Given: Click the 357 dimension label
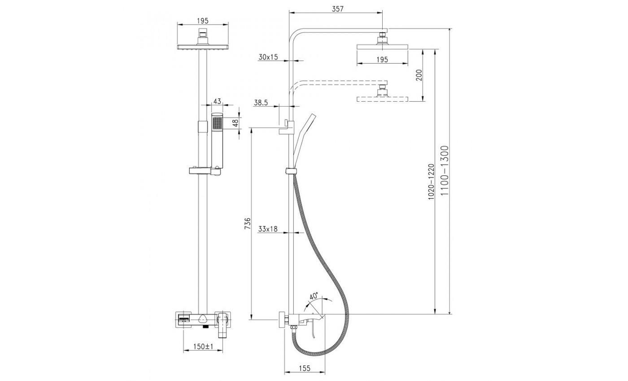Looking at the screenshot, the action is click(337, 9).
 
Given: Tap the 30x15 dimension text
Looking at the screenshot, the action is click(268, 57).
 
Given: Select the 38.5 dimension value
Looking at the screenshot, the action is click(261, 103).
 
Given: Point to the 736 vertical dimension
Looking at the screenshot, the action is click(248, 224).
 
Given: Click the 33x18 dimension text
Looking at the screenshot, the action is click(268, 229).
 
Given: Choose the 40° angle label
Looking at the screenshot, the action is click(314, 296).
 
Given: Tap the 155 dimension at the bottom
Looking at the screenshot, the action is click(305, 368).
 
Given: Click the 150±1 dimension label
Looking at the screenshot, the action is click(203, 346).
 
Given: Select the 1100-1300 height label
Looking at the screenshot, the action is click(445, 170).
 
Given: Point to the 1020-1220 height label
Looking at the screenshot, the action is click(431, 182).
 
